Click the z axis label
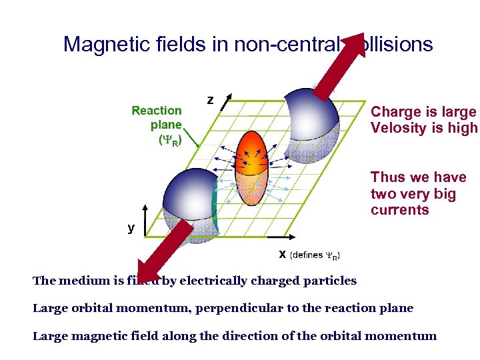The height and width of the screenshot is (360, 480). pyautogui.click(x=210, y=100)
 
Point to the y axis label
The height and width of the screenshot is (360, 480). pyautogui.click(x=131, y=228)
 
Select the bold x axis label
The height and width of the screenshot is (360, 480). pyautogui.click(x=282, y=254)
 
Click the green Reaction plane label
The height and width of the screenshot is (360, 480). pyautogui.click(x=157, y=125)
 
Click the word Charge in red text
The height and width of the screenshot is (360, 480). pyautogui.click(x=394, y=112)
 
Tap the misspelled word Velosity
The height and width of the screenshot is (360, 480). pyautogui.click(x=399, y=128)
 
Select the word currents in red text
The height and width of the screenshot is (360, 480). pyautogui.click(x=400, y=210)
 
